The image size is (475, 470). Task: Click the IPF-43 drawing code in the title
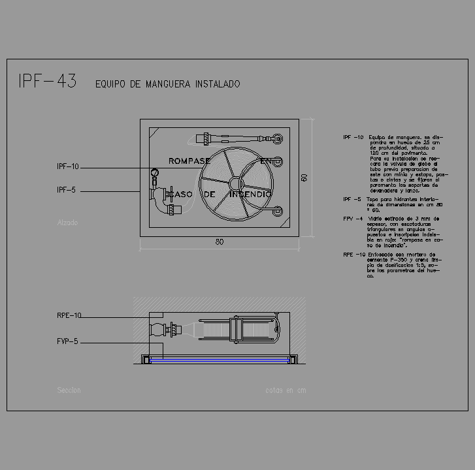(47, 82)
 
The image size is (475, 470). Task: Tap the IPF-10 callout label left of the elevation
(68, 167)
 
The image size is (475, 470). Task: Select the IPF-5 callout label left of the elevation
(67, 190)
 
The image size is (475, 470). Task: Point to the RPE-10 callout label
(69, 316)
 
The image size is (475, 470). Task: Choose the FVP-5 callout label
(67, 341)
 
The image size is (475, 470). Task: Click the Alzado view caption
(67, 223)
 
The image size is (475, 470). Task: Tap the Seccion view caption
(69, 390)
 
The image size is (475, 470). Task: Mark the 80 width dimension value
(220, 242)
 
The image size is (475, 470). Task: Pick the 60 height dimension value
(304, 178)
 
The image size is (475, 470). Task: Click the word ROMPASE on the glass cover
(189, 161)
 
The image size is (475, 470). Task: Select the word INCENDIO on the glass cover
(250, 195)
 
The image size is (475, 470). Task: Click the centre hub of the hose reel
(233, 181)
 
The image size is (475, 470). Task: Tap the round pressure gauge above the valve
(155, 173)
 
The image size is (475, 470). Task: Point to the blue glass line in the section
(219, 359)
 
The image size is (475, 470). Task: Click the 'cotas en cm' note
(286, 391)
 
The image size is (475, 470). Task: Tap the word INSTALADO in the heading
(218, 84)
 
